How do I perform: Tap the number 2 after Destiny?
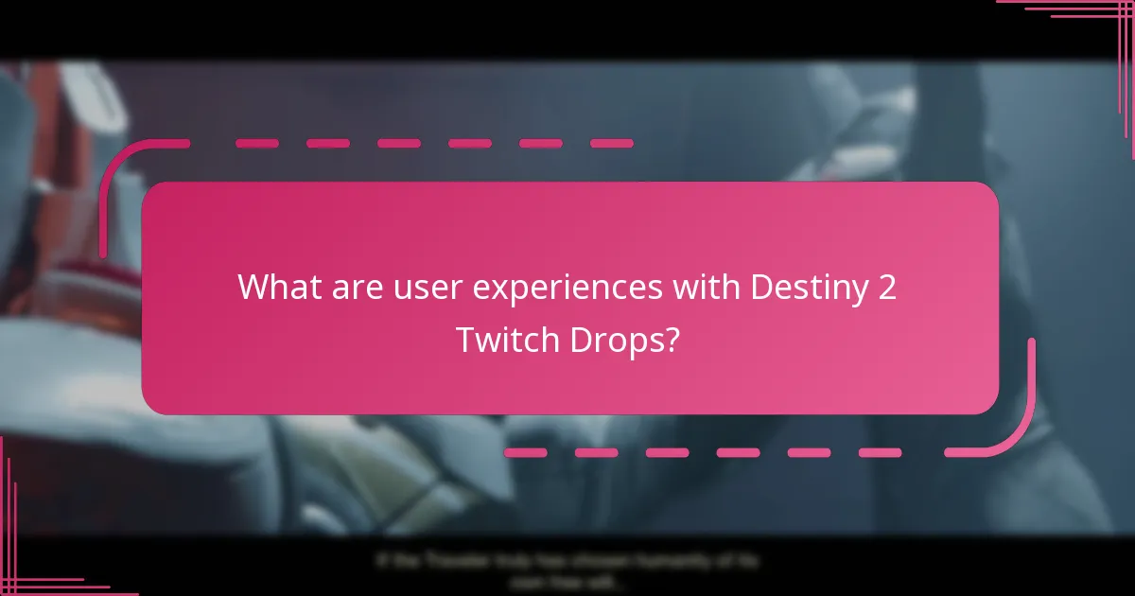pos(886,287)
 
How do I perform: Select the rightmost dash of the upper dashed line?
pos(611,144)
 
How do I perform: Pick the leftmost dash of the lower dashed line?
pos(526,453)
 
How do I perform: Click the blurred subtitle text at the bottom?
pos(567,570)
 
